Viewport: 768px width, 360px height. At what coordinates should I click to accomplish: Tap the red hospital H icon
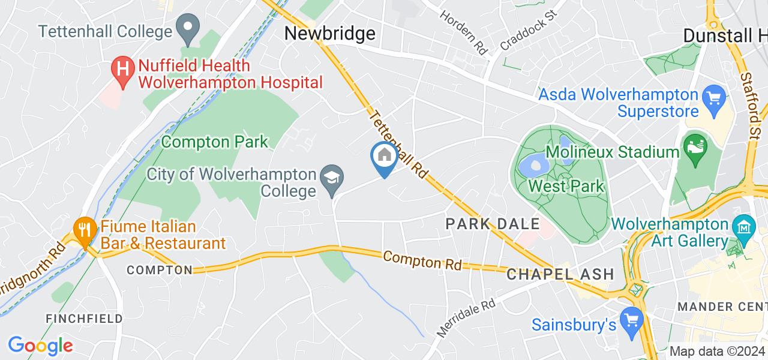click(123, 70)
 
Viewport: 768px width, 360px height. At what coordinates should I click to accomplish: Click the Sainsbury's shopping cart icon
click(632, 318)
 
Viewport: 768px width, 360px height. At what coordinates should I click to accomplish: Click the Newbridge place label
click(330, 34)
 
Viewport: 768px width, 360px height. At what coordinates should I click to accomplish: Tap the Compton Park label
click(215, 142)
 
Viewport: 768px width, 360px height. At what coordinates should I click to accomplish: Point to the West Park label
click(566, 186)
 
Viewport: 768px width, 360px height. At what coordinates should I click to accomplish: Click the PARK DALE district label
click(493, 224)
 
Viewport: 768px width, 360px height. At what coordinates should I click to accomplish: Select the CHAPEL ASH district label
click(560, 274)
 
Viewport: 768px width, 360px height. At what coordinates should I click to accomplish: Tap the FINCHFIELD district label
click(84, 318)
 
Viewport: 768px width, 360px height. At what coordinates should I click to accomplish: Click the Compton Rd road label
click(422, 260)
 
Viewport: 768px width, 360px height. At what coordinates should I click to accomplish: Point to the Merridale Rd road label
click(466, 319)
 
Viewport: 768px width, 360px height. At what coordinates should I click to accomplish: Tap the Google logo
click(40, 345)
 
